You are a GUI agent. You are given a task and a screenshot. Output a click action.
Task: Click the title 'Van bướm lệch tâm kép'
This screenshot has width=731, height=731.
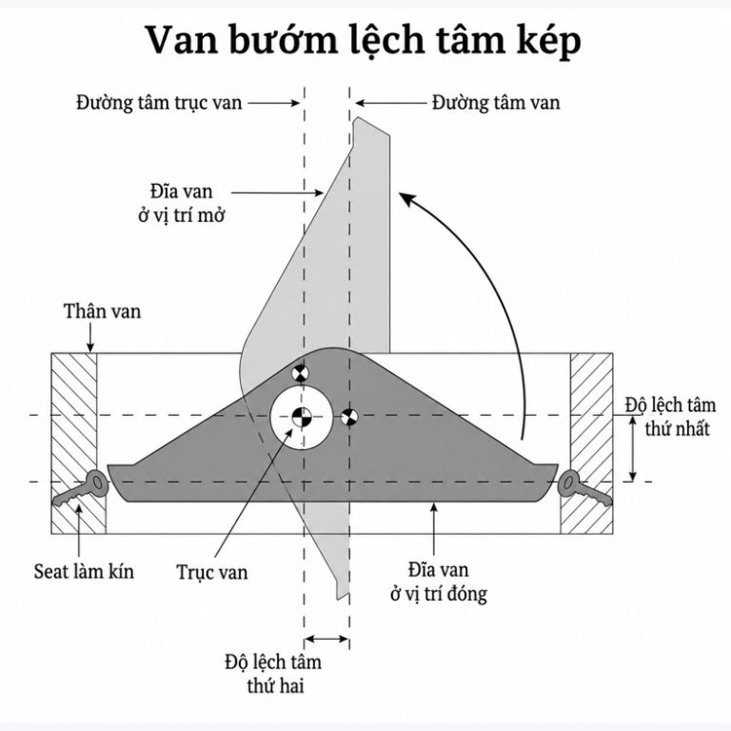point(365,41)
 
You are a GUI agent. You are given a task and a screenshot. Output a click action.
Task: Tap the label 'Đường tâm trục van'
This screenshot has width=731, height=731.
point(160,103)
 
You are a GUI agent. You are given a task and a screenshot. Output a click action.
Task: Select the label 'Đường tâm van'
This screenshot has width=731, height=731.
point(496,103)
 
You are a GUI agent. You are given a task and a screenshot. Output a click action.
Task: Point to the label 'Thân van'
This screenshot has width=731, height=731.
point(102,311)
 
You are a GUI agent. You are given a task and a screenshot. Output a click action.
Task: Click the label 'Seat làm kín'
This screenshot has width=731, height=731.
point(84,571)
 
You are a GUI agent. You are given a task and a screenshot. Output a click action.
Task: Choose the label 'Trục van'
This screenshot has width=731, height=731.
point(212,572)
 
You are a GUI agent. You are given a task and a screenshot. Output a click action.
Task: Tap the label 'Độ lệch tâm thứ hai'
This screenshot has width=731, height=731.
point(274,674)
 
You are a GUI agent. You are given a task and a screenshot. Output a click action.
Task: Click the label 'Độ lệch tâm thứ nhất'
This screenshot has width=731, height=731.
point(671,416)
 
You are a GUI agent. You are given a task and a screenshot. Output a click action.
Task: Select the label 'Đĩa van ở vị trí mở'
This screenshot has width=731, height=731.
point(182,204)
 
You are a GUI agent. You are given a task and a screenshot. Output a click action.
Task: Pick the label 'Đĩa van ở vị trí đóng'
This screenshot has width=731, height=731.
point(439,582)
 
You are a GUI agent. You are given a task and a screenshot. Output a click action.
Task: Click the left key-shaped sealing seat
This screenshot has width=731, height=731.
point(82,488)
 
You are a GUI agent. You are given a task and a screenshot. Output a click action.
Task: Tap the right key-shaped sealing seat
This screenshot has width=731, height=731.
point(584,488)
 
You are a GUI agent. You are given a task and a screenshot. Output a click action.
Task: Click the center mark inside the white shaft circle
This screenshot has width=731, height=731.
point(301,416)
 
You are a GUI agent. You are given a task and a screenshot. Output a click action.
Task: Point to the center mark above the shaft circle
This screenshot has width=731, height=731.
point(300,373)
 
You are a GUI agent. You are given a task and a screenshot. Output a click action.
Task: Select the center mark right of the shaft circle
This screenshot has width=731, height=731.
point(349,417)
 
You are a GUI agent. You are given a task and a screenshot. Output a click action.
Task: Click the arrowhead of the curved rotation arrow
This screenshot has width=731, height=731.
point(406,199)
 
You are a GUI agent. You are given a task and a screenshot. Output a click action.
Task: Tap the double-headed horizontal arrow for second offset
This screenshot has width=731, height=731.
point(326,639)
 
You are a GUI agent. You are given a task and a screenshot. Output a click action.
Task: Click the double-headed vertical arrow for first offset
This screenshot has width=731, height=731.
point(633,448)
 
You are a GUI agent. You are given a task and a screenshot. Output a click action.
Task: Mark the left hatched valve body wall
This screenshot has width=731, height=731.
point(77,443)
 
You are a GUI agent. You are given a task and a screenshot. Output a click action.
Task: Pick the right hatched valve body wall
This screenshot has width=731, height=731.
point(587,443)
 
